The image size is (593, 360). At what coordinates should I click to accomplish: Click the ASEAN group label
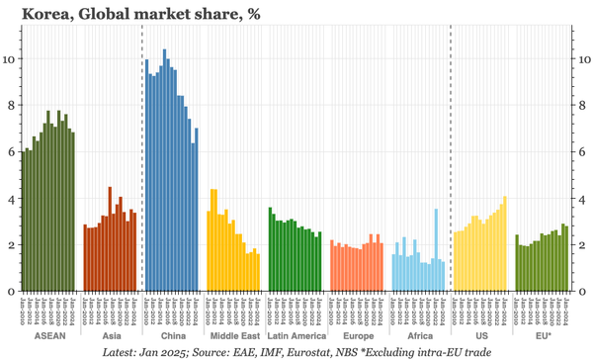coord(50,336)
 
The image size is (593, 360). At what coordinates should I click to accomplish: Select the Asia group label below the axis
coord(111,336)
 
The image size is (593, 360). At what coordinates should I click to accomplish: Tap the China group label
coord(172,336)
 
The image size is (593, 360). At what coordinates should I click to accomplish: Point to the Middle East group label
coord(233,336)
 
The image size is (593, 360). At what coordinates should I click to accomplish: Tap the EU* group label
coord(542,336)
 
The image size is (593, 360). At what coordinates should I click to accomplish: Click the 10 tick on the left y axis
coord(11,58)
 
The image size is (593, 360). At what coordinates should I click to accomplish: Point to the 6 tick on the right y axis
coord(583,151)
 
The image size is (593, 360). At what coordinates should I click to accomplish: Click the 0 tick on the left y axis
coord(11,291)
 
